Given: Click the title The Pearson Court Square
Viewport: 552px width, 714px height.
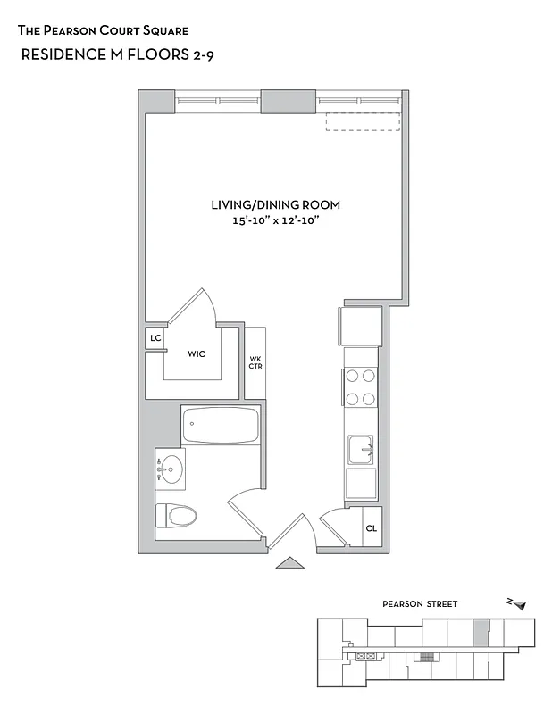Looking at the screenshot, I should (x=103, y=30).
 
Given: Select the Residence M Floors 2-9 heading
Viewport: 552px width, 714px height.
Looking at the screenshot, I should (x=116, y=54).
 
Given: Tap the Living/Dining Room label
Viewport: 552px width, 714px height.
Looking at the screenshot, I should (x=275, y=204).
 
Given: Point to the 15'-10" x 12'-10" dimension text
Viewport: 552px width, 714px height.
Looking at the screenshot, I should (x=275, y=220).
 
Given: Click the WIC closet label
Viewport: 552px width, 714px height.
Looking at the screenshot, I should (x=197, y=353).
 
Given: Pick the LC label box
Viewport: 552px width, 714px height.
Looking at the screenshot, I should (x=155, y=338).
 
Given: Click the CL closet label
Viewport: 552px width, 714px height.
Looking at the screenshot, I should (x=371, y=528).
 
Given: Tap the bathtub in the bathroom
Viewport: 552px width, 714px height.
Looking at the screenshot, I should (x=220, y=426).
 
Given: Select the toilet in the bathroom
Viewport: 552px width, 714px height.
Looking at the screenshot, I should (x=177, y=516).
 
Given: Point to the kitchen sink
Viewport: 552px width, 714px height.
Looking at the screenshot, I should (x=361, y=448).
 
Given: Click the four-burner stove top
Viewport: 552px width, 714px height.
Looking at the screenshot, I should (x=360, y=387).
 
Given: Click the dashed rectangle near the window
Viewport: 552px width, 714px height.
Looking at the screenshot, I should (x=363, y=121).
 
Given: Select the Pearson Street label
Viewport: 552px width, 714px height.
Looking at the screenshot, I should (x=420, y=604).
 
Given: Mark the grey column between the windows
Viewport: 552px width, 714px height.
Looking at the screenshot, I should (x=289, y=101).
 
